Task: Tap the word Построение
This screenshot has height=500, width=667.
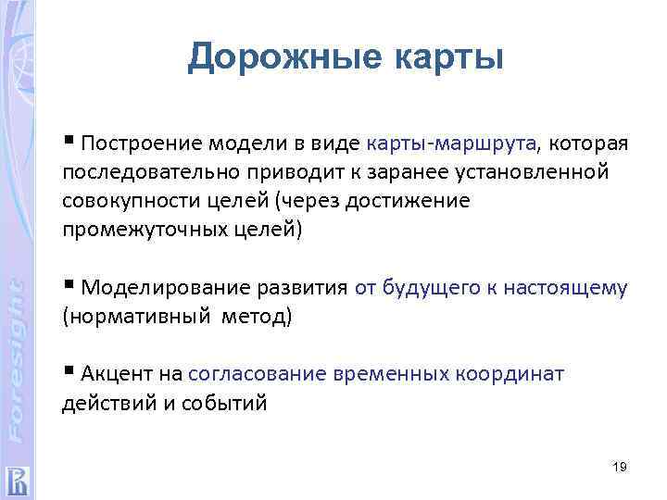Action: [x=138, y=144]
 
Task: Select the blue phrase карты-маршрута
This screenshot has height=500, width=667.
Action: [x=452, y=144]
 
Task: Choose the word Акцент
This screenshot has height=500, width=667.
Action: [x=117, y=374]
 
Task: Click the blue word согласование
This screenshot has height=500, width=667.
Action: [x=257, y=374]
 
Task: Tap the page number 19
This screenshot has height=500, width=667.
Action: [x=620, y=468]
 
